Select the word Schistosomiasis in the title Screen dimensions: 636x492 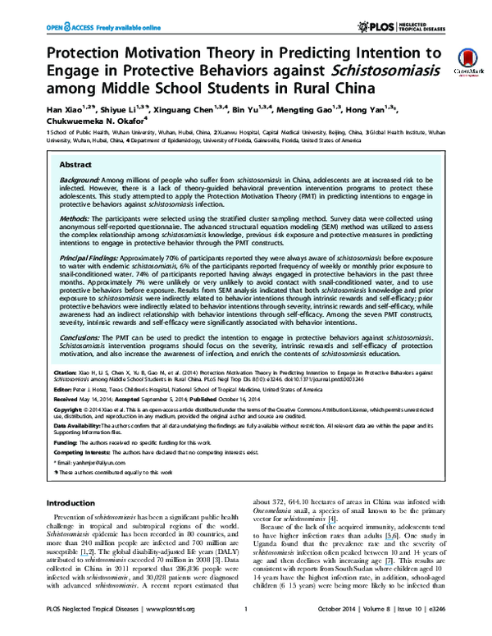(x=366, y=71)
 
